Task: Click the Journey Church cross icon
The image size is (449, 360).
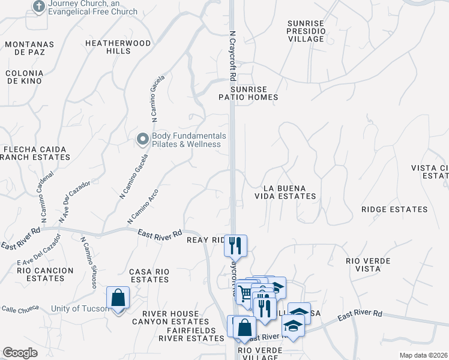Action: tap(39, 7)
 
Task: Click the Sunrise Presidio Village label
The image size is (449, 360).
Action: tap(306, 31)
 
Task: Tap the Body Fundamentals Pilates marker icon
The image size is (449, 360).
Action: tap(142, 140)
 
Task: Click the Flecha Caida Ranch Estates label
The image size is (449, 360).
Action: tap(35, 153)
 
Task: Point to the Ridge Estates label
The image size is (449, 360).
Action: tap(394, 209)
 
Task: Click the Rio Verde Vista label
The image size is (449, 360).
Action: tap(368, 265)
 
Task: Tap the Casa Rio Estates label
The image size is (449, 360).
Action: tap(149, 275)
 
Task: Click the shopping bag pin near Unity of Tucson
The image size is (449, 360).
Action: tap(118, 298)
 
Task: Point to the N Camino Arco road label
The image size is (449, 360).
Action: tap(142, 202)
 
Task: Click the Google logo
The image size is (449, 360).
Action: tap(20, 353)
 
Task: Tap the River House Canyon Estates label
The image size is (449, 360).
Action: tap(170, 317)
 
